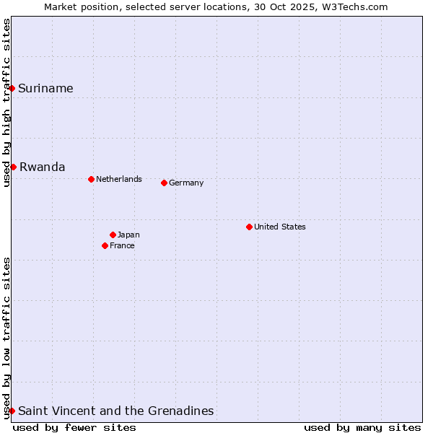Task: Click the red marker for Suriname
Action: tap(12, 88)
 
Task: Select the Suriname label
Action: tap(45, 89)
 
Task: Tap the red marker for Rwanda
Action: tap(13, 167)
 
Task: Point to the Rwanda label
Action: tap(42, 167)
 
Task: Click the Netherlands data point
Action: tap(91, 179)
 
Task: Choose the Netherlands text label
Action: tap(118, 179)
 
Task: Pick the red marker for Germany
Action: tap(164, 183)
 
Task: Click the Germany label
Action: tap(186, 183)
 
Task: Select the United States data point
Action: tap(249, 227)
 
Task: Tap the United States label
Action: tap(279, 227)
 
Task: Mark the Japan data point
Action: tap(113, 235)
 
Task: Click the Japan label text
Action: tap(128, 235)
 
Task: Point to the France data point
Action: tap(105, 245)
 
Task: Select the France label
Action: tap(122, 245)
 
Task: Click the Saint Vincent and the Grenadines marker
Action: tap(12, 411)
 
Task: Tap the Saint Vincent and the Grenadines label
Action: tap(115, 411)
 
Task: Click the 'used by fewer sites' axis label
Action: tap(74, 427)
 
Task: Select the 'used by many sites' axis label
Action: tap(362, 427)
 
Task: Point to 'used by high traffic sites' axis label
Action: tap(6, 102)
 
